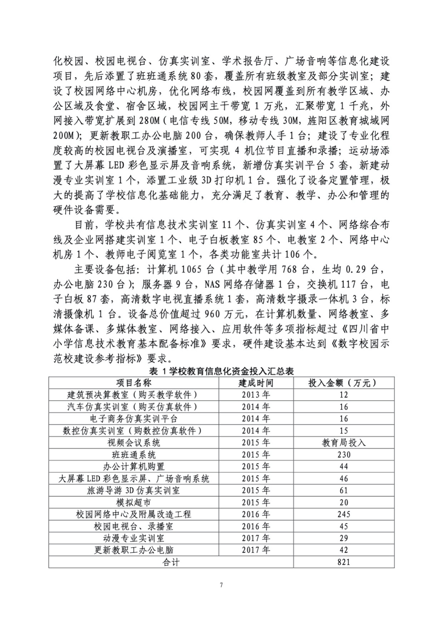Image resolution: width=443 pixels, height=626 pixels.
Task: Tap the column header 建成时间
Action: (256, 383)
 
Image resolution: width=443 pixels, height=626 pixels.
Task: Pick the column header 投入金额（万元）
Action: (344, 383)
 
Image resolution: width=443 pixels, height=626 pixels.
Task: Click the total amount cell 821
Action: (344, 562)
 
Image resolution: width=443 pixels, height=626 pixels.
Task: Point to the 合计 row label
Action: (171, 562)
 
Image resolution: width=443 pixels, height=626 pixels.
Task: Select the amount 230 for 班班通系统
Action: (344, 454)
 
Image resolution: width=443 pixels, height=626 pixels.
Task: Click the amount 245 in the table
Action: (344, 514)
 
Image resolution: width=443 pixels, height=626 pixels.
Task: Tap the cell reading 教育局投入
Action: (344, 443)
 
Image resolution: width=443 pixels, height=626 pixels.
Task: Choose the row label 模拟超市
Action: (134, 502)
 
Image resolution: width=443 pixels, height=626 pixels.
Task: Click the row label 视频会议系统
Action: (134, 443)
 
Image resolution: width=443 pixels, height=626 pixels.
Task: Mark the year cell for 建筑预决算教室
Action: (256, 395)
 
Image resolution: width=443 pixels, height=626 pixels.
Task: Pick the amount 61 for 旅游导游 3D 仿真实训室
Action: (344, 490)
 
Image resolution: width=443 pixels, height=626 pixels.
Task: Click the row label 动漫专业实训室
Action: (134, 538)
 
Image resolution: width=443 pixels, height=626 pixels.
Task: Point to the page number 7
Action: (221, 585)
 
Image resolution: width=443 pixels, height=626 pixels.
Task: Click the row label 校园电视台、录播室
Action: (134, 526)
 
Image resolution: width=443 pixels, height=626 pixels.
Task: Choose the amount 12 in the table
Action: (344, 395)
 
